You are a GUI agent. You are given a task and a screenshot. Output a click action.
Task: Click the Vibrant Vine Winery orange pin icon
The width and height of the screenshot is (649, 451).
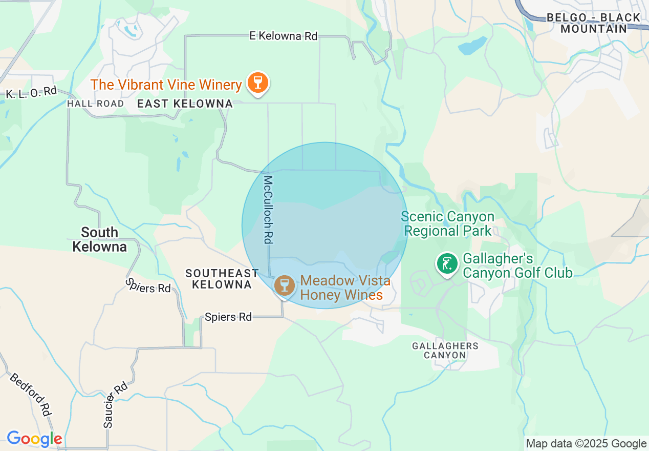coord(257,83)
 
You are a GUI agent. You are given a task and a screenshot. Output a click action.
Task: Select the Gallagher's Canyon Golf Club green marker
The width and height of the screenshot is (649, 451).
coord(447,264)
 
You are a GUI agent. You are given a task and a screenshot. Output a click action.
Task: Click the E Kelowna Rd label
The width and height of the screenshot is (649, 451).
coord(283,36)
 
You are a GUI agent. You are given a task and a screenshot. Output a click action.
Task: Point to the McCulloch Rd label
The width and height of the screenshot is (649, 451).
coord(268,210)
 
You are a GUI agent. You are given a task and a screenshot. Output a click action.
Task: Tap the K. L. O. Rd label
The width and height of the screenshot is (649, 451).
coord(31,93)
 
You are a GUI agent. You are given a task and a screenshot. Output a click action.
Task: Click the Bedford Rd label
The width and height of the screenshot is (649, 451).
coord(31,395)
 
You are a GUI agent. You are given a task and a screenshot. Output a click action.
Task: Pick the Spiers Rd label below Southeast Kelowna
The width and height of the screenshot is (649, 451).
coord(228,317)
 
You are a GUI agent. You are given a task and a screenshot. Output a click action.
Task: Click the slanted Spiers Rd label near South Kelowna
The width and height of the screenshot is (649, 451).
coord(148,286)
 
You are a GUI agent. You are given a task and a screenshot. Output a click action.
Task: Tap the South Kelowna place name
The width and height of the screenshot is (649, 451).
coord(99,239)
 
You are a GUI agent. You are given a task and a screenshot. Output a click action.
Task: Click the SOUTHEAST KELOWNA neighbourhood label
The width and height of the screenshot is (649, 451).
coord(222,279)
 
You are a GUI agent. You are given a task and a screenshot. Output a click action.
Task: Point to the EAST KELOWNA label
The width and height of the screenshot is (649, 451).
coord(185,104)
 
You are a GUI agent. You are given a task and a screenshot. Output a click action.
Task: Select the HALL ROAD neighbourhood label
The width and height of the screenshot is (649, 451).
coord(96,104)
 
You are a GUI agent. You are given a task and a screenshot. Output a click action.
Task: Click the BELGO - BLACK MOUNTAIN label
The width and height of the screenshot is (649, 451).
coord(594,23)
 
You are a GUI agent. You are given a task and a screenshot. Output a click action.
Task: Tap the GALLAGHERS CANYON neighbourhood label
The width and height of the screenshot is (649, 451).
coord(445,351)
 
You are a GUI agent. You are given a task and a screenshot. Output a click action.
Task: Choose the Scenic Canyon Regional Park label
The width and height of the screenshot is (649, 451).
coord(448,224)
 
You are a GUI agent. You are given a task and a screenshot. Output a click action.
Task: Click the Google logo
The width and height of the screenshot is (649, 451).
coord(34,439)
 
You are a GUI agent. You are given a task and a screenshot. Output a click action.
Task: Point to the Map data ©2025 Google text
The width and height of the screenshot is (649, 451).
coord(587,444)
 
